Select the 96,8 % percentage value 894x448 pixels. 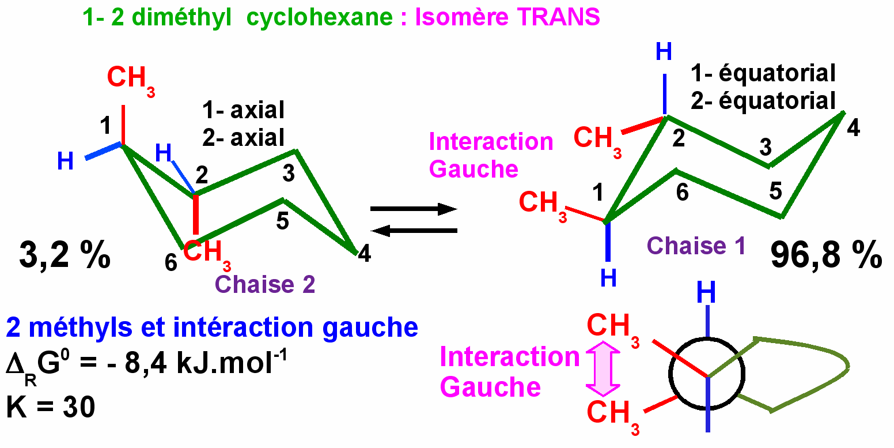(x=826, y=255)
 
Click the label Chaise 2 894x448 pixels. (x=265, y=284)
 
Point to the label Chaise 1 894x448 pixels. (x=696, y=246)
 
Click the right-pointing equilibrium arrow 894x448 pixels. (x=413, y=209)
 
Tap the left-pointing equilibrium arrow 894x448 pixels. (x=413, y=231)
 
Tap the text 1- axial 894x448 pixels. (x=243, y=110)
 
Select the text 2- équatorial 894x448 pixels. (x=763, y=100)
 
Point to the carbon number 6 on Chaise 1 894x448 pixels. (x=682, y=193)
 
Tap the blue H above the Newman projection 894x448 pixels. (x=706, y=293)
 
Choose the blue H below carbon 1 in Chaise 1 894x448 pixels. (x=608, y=278)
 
